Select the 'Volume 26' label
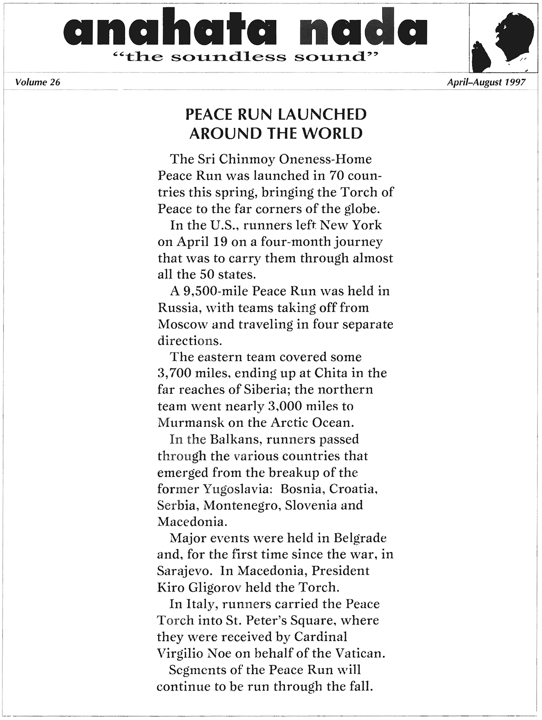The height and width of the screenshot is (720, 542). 37,82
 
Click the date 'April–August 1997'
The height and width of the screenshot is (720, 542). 486,82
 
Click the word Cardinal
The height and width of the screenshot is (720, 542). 321,637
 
